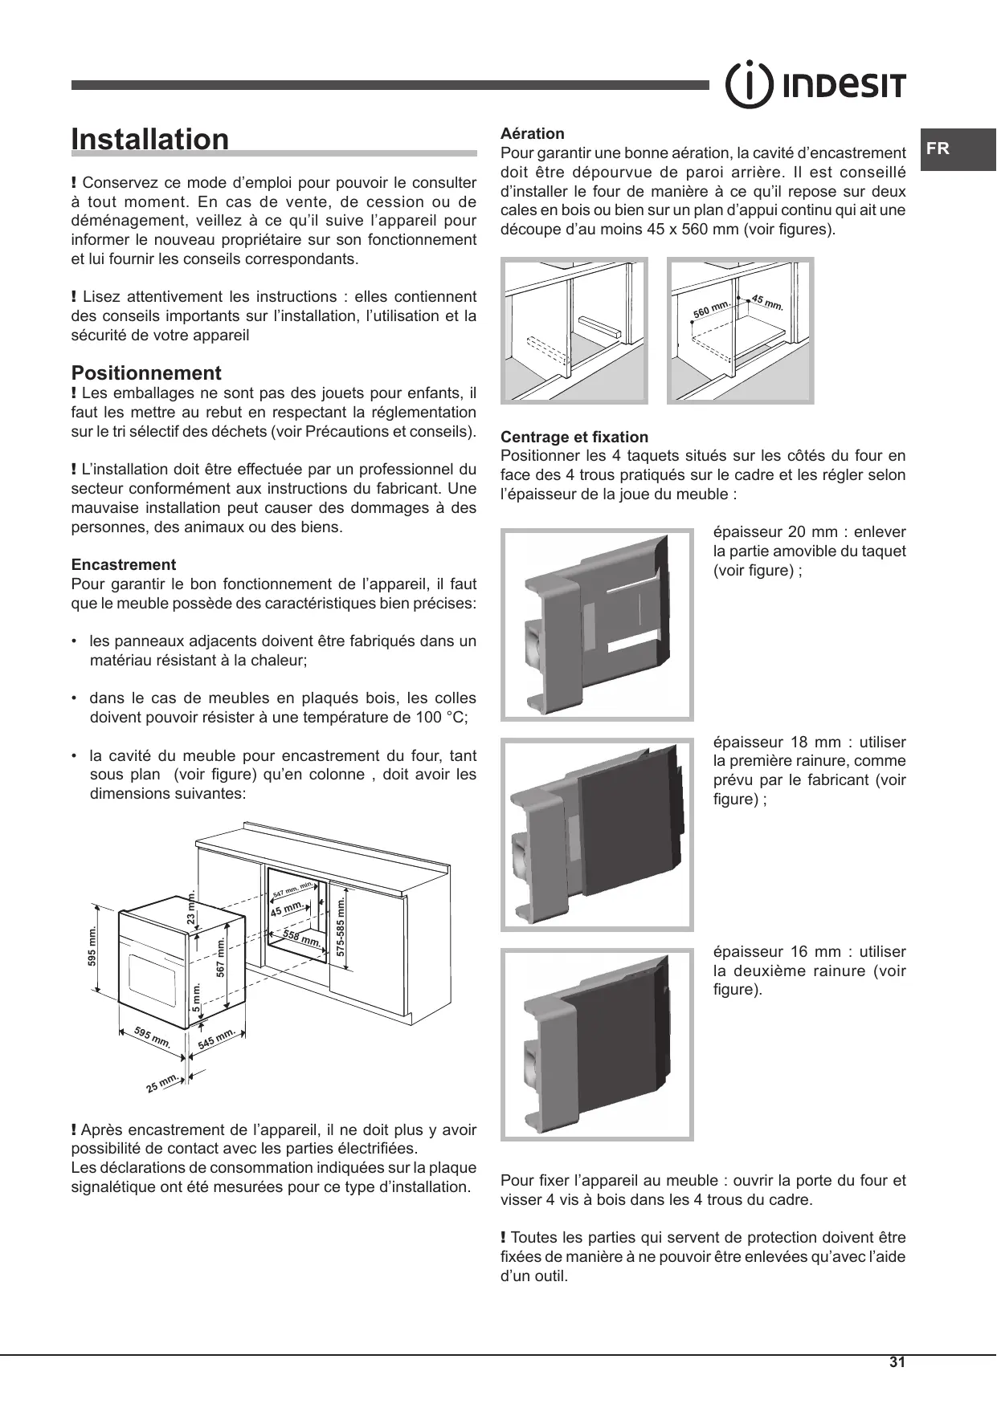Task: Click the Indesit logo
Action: tap(816, 85)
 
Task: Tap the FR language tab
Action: tap(938, 149)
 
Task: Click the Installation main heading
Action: tap(150, 140)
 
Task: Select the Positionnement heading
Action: tap(146, 373)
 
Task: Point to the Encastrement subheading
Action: tap(124, 564)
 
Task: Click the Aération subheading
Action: tap(532, 133)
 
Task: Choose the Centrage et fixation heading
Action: tap(574, 437)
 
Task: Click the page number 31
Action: tap(897, 1362)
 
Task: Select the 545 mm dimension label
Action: tap(216, 1039)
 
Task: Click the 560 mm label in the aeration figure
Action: tap(710, 310)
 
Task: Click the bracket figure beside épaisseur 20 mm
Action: tap(597, 625)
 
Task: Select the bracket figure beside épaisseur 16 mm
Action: tap(597, 1044)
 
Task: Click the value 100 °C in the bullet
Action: tap(440, 718)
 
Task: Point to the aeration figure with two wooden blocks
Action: tap(574, 330)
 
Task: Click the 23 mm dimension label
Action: tap(191, 907)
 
